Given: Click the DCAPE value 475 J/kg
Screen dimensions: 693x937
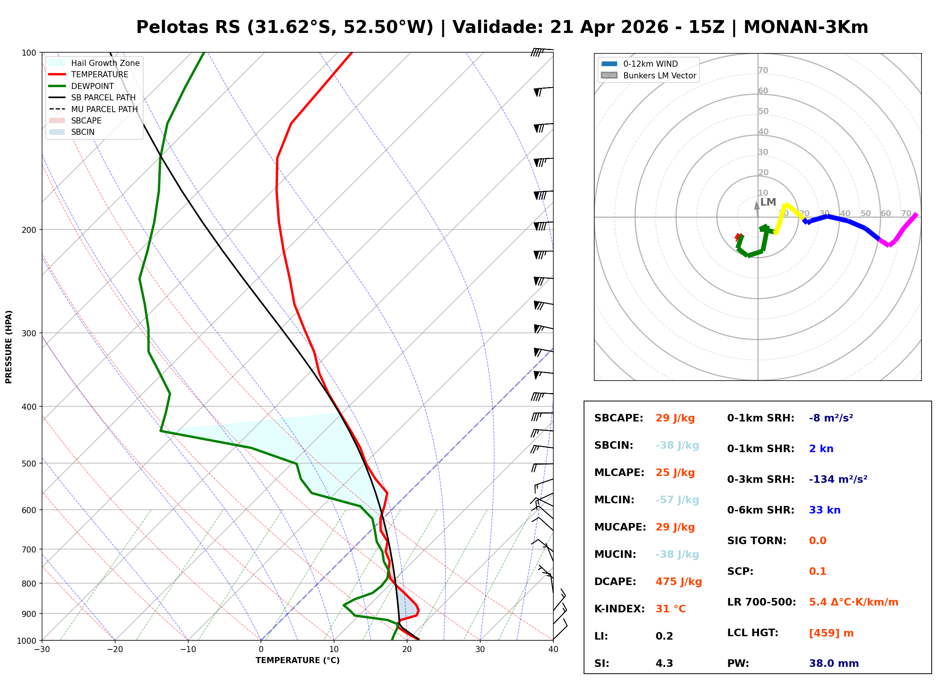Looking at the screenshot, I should coord(678,582).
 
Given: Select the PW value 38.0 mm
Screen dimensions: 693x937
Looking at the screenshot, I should coord(833,663).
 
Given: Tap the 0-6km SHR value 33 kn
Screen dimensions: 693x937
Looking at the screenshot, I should coord(824,510).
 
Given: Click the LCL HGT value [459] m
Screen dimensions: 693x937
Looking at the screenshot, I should coord(831,633).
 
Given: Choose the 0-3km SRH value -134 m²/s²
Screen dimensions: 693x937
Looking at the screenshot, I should coord(838,479).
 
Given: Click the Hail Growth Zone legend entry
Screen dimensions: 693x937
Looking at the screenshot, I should coord(105,63).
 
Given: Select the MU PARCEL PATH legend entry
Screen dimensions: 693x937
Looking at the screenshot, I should coord(104,109).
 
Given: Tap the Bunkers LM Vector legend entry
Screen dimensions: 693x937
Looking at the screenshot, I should coord(659,75).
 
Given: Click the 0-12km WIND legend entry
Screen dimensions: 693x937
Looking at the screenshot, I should coord(650,64).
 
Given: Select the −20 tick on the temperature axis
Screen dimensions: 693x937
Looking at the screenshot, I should coord(114,649).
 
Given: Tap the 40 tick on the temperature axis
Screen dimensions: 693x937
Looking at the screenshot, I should coord(553,649).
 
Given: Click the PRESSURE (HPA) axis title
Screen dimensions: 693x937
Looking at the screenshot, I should coord(9,346).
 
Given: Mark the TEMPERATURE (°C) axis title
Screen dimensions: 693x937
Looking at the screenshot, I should coord(297,661).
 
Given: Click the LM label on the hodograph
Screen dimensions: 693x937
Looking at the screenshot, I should coord(768,202).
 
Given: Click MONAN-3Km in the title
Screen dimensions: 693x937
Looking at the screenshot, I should coord(805,27).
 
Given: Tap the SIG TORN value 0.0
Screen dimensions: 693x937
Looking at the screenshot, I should coord(817,541).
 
